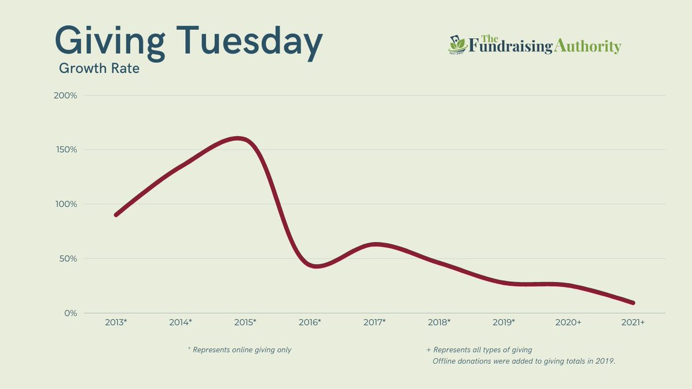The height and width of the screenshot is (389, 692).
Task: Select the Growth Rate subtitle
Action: click(99, 69)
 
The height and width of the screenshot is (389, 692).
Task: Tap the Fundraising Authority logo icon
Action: click(457, 46)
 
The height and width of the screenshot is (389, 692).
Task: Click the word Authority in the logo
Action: click(588, 47)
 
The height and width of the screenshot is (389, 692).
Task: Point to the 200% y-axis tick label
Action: click(65, 95)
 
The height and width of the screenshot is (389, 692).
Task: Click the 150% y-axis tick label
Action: click(66, 150)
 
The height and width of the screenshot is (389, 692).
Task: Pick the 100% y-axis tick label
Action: click(66, 204)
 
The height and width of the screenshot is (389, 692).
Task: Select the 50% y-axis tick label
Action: click(67, 259)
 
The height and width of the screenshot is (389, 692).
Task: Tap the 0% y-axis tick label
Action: click(70, 313)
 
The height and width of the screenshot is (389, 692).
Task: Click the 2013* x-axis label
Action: click(116, 323)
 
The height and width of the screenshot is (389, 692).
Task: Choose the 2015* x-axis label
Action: click(245, 323)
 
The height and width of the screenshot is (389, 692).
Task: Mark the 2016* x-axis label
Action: click(310, 323)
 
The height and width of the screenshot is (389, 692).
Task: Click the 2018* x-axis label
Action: click(439, 323)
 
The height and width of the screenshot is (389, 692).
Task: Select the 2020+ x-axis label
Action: click(569, 323)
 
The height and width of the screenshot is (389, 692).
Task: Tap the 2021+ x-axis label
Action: click(633, 323)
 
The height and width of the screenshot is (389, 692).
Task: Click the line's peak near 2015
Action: click(237, 138)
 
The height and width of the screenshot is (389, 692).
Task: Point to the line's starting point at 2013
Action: click(116, 214)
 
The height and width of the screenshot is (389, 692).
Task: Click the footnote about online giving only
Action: click(239, 350)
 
